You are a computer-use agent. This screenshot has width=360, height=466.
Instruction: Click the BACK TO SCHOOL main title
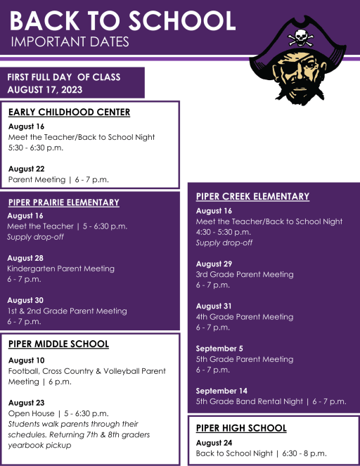point(123,20)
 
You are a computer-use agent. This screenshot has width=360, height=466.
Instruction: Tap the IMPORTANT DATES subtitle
point(70,42)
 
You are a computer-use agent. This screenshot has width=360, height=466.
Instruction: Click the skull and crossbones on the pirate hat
point(301,36)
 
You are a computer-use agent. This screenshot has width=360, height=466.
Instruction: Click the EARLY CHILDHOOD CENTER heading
point(69,112)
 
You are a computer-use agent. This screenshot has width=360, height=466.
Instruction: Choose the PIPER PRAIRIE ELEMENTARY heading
point(63,202)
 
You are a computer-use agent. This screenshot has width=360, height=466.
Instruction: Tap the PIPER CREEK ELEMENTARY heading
point(252,196)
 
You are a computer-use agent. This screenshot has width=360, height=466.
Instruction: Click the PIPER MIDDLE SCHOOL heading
point(58,344)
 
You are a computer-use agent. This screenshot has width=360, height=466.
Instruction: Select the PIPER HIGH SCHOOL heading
point(241,427)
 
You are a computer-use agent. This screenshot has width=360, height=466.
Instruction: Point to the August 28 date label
point(25,258)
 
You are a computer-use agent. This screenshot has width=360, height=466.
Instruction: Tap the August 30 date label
point(25,300)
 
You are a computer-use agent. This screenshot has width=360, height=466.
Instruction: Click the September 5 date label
point(219,348)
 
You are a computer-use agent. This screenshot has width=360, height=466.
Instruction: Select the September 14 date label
point(221,391)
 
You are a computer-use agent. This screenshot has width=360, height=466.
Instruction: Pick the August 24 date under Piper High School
point(214,443)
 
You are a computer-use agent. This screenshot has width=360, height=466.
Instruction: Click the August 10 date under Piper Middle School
point(27,360)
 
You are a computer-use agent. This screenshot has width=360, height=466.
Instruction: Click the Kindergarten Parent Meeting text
point(60,268)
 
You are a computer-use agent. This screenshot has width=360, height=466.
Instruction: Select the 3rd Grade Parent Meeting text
point(245,274)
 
